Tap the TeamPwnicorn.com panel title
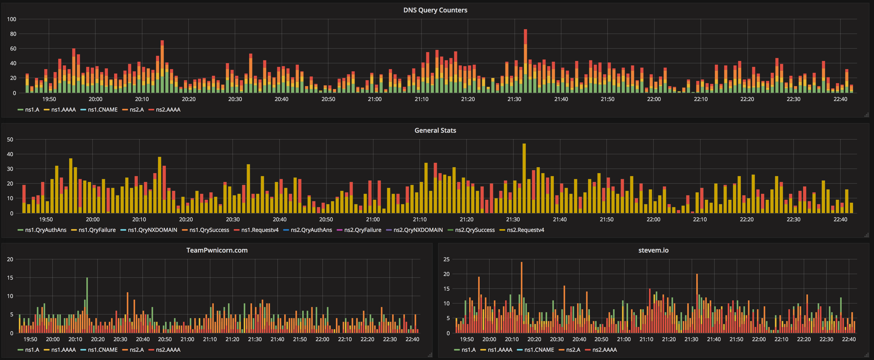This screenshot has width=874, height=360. [x=217, y=250]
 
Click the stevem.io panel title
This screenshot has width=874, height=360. [x=653, y=250]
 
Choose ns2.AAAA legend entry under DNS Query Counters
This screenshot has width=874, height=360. [x=168, y=110]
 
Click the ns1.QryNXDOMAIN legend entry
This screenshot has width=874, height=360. [x=152, y=230]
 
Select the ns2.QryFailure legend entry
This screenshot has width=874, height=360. [x=362, y=230]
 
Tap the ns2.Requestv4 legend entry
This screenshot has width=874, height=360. [x=525, y=230]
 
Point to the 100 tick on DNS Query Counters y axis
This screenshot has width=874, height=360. [x=11, y=19]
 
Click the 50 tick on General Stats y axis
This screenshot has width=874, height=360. [x=10, y=139]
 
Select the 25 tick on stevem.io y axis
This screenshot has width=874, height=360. [x=446, y=259]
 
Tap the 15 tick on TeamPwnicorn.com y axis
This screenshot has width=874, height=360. [x=10, y=278]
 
